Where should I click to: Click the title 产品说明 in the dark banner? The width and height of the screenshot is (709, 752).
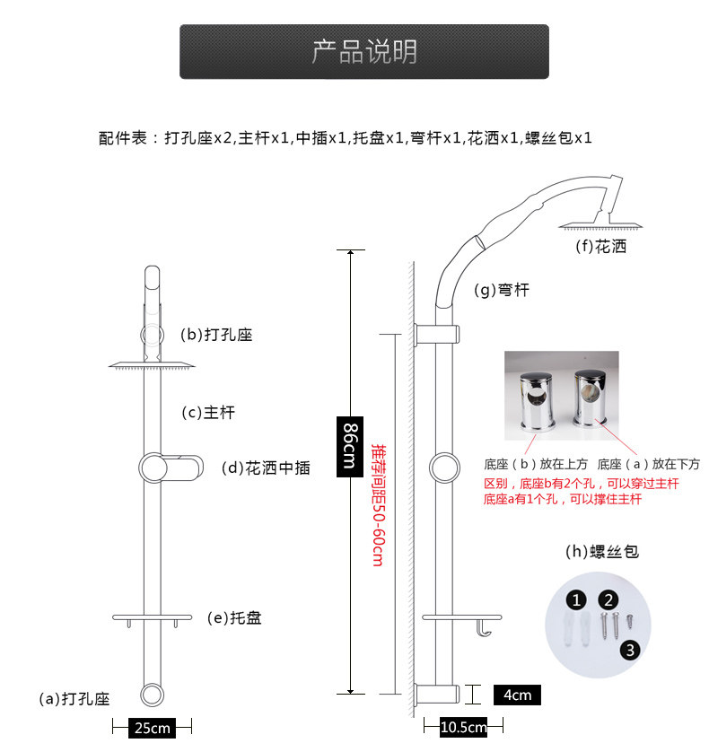point(364,51)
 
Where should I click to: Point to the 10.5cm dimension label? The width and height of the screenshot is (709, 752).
point(463,726)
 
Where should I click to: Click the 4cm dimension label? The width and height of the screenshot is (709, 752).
point(517,695)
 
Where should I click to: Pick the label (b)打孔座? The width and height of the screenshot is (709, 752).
point(216,335)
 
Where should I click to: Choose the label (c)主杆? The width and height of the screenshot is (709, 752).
point(208,413)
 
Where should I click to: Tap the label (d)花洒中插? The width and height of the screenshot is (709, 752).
point(266,468)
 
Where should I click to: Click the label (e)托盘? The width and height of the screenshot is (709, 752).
point(234,617)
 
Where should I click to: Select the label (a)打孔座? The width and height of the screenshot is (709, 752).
point(74,698)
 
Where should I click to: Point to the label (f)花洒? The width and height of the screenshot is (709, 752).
point(600,247)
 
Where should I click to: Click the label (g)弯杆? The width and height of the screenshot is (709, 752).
point(502,290)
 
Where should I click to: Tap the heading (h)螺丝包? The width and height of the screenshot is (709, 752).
point(601,552)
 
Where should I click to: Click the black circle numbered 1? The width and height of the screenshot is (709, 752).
point(578,599)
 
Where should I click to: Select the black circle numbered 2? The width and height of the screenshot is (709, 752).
point(609,599)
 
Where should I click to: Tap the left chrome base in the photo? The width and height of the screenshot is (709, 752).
point(536,399)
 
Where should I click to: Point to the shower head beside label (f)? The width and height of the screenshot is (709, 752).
point(587,222)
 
